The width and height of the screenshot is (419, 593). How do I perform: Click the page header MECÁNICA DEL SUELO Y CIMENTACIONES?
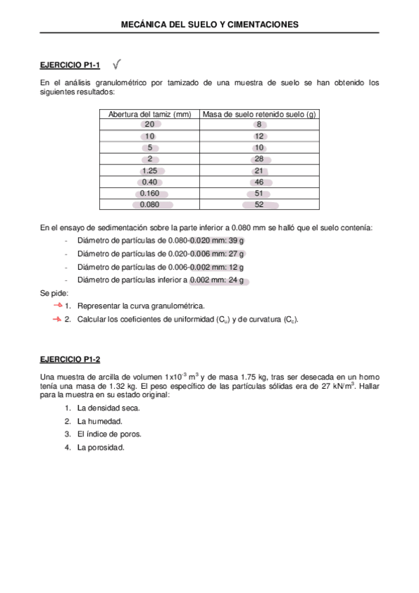[x=209, y=24]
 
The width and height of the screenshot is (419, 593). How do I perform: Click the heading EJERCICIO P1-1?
[x=70, y=66]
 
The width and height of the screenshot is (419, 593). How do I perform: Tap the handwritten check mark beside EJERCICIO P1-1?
[x=117, y=64]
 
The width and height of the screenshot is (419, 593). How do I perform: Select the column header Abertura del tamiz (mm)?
[x=149, y=114]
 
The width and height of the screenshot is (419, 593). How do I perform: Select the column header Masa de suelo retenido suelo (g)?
[x=259, y=114]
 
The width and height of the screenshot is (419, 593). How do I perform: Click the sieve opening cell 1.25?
[x=149, y=171]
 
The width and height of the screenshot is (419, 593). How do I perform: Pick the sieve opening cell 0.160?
[x=149, y=193]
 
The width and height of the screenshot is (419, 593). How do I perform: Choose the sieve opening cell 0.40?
[x=149, y=182]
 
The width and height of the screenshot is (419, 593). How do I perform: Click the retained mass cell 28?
[x=259, y=159]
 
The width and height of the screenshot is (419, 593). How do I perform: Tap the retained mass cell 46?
[x=259, y=182]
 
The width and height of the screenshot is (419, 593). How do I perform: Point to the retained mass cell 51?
[x=259, y=193]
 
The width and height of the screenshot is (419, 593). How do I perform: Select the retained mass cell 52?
[x=259, y=205]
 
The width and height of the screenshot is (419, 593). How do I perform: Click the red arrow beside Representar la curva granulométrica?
[x=57, y=306]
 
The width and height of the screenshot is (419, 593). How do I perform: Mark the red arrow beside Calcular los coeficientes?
[x=57, y=319]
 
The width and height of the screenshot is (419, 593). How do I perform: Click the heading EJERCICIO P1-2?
[x=70, y=360]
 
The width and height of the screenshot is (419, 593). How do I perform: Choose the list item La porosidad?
[x=101, y=447]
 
